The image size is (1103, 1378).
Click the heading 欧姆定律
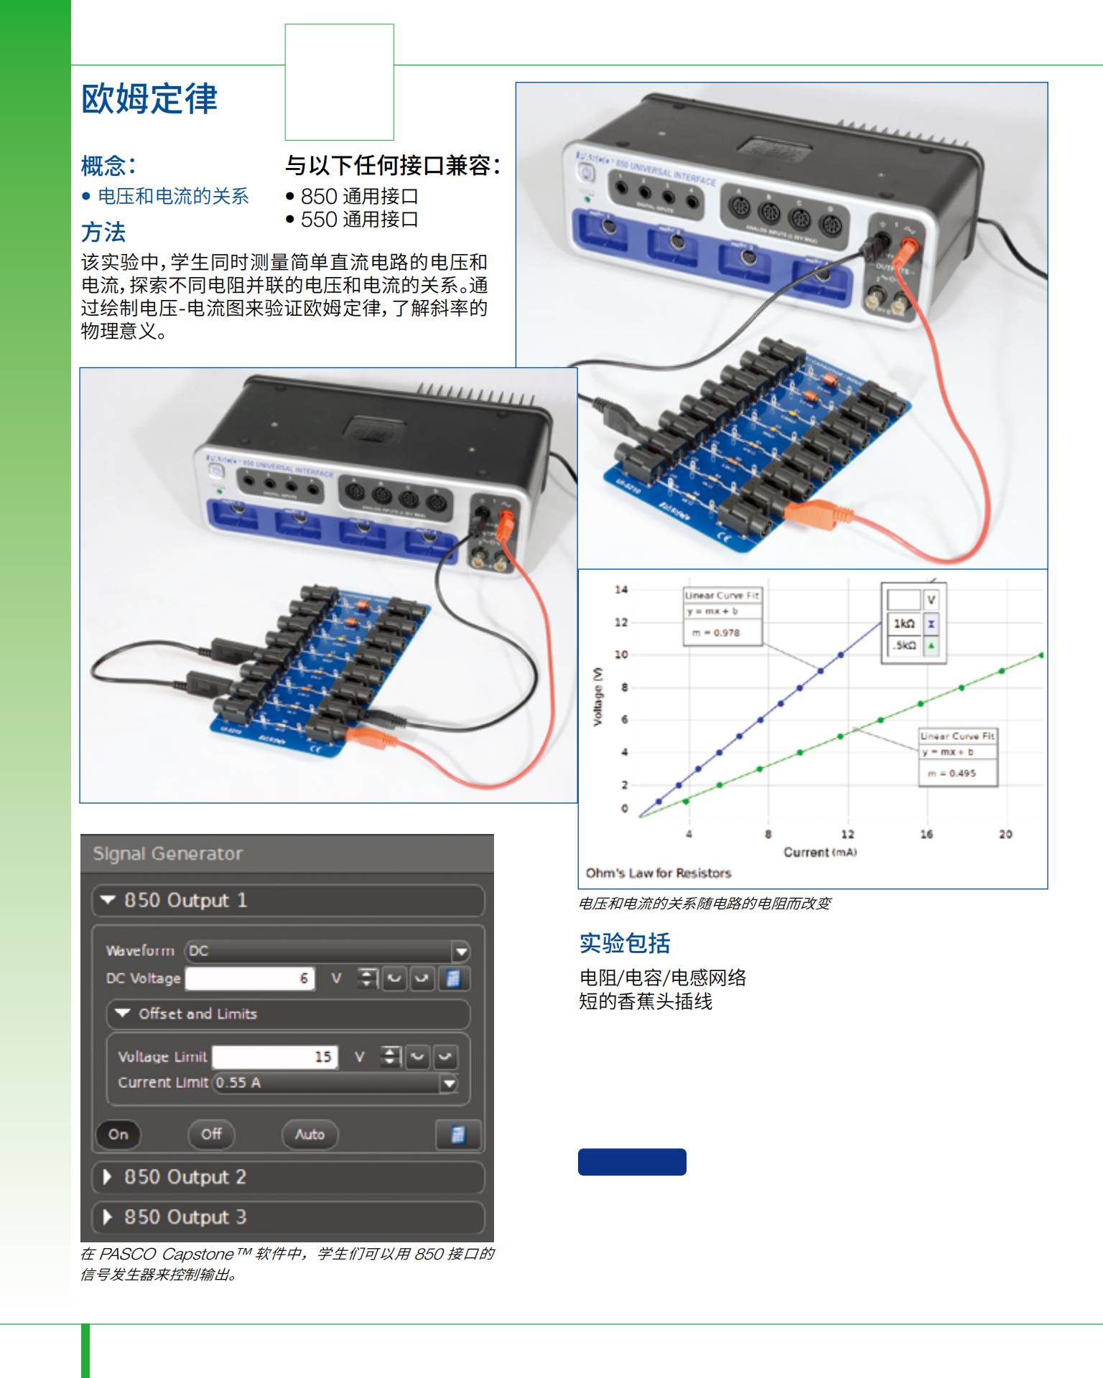click(149, 99)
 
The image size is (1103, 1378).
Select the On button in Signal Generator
click(118, 1135)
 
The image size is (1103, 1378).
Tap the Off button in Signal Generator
click(211, 1134)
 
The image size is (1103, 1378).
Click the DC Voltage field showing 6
click(250, 978)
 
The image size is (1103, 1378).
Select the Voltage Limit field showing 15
click(274, 1056)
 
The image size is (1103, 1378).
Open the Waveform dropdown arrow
click(461, 952)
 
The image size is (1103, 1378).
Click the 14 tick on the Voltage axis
click(621, 590)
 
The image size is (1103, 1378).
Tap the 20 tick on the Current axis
click(1005, 834)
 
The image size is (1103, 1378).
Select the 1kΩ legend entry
click(904, 624)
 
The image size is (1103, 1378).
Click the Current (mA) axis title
click(819, 853)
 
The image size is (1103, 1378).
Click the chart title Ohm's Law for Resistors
click(658, 873)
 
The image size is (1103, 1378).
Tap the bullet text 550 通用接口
click(359, 220)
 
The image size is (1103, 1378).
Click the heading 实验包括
click(625, 943)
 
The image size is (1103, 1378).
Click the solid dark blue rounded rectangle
click(632, 1162)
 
